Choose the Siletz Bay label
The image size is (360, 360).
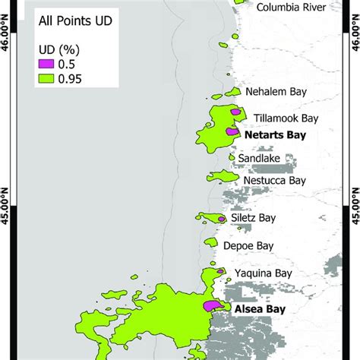(255, 217)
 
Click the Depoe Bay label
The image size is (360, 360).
(254, 246)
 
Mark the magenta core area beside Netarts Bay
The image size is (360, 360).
(231, 131)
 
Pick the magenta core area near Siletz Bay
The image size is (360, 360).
(221, 219)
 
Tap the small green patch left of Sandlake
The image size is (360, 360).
(232, 157)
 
